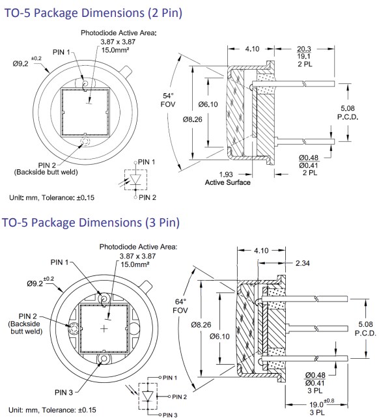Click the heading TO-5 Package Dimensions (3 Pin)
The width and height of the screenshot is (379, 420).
pos(91,223)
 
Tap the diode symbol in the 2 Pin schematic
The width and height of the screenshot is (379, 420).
pos(135,178)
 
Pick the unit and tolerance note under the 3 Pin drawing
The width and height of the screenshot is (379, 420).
pos(52,409)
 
